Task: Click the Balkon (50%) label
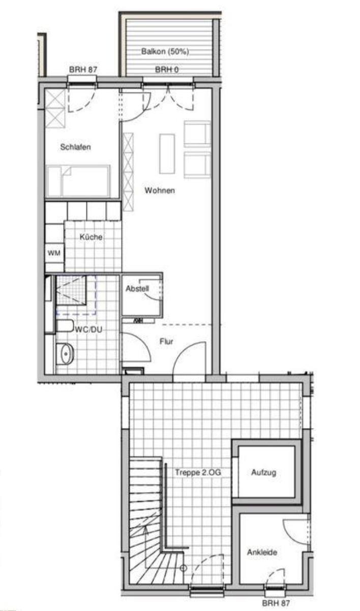point(165,51)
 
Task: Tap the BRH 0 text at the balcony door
point(166,70)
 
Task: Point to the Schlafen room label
point(75,147)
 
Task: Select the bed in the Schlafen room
point(78,181)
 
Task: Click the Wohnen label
point(160,190)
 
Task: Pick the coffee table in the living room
point(167,154)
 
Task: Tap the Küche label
point(91,237)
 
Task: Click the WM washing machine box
point(54,253)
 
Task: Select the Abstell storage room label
point(137,288)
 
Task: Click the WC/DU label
point(88,329)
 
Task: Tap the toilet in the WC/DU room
point(65,326)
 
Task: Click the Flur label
point(166,341)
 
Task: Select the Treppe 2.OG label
point(198,472)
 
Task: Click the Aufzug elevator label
point(263,472)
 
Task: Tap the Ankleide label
point(262,552)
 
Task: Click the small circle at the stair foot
point(184,568)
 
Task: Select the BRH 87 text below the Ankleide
point(276,603)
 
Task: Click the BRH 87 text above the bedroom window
point(83,69)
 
